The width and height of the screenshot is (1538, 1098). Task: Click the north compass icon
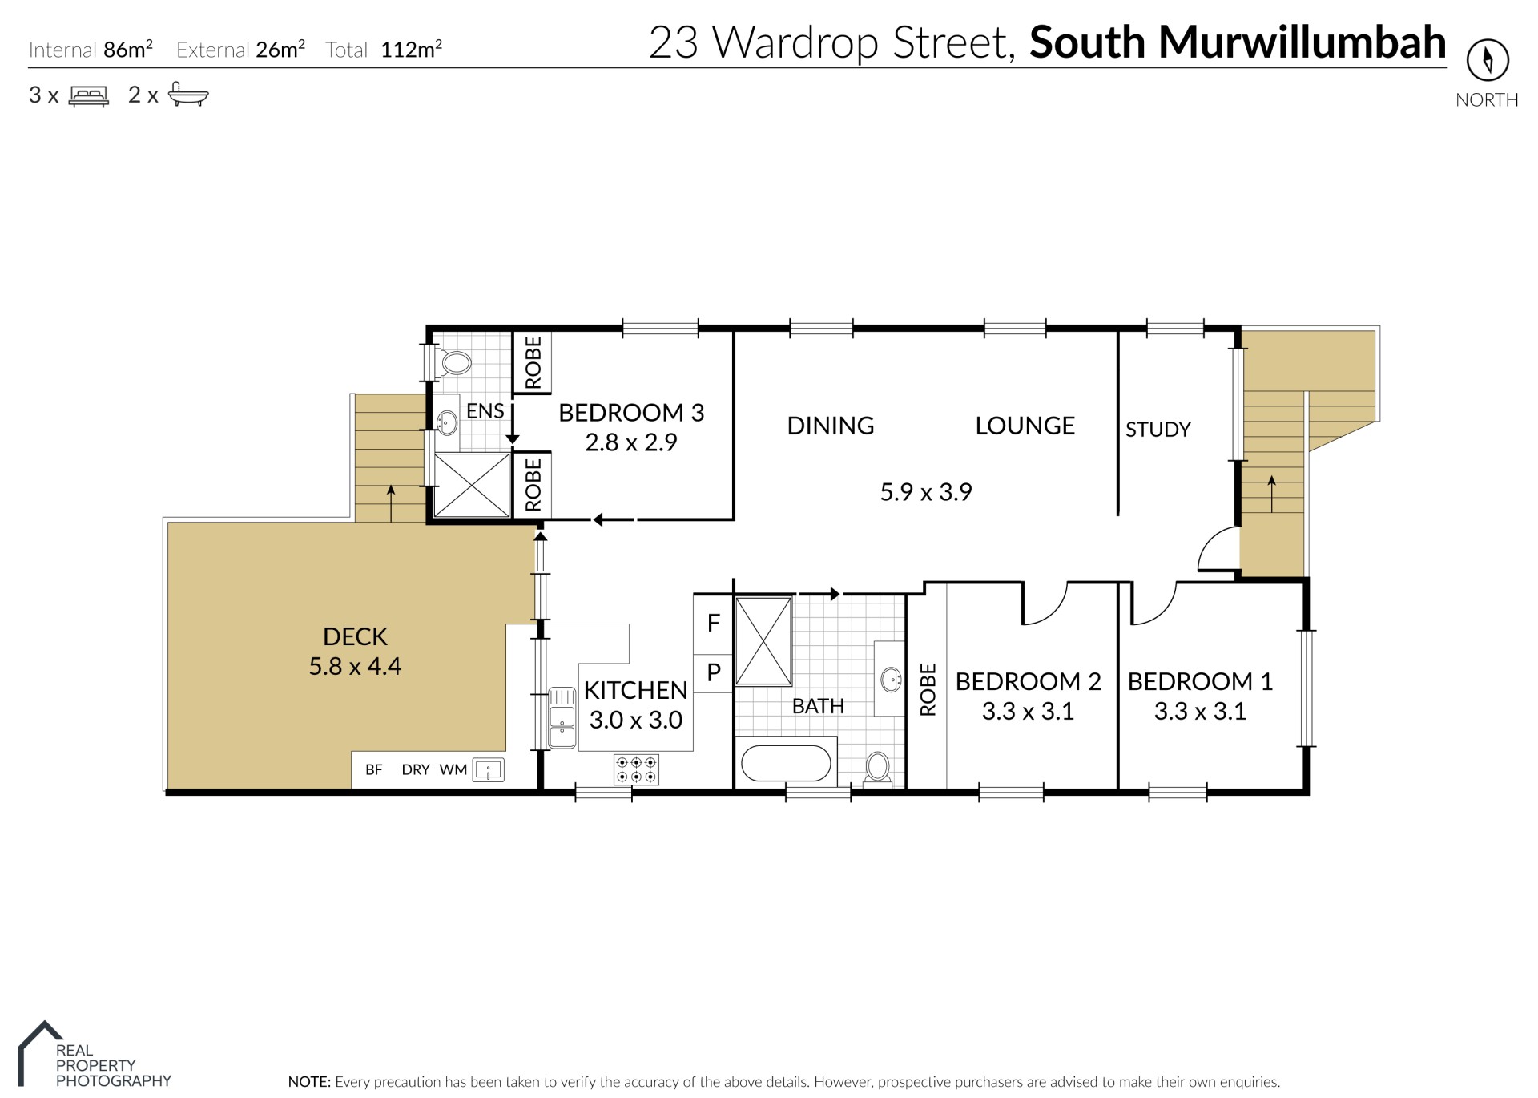(1488, 60)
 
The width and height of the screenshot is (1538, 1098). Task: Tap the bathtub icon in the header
(188, 95)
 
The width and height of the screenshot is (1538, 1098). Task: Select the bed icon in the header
(89, 96)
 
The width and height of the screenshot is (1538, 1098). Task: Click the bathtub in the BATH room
(786, 764)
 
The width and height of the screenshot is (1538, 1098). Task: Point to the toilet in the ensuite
(453, 363)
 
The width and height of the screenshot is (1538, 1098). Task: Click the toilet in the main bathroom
(878, 768)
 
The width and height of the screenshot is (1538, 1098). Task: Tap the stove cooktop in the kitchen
(637, 769)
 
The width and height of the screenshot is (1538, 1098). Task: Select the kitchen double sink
(562, 717)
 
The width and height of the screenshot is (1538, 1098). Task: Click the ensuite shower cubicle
(472, 486)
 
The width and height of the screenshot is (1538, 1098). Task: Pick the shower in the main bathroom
(763, 641)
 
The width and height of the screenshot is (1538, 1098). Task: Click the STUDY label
(1158, 430)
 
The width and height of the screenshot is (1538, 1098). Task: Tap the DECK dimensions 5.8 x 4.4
(355, 666)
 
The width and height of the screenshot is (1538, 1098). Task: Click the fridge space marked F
(713, 624)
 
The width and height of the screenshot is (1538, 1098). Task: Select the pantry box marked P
(713, 672)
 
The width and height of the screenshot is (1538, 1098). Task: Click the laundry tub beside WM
(488, 770)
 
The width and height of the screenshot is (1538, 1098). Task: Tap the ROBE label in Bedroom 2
(928, 689)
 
